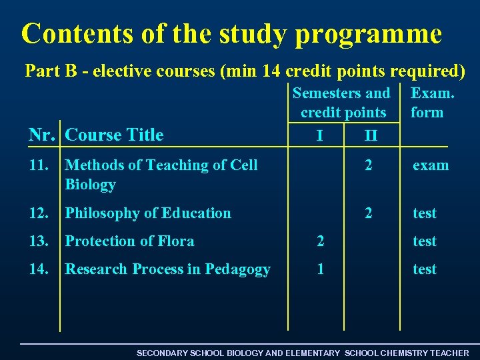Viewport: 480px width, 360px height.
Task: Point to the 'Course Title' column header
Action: [x=115, y=135]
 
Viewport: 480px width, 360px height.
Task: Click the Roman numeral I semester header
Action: [x=321, y=137]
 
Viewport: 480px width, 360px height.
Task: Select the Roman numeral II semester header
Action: [x=371, y=137]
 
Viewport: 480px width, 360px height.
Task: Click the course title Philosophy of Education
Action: [x=148, y=213]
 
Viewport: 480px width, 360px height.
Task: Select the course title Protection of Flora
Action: [x=129, y=241]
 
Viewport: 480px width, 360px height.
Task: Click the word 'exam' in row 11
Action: [x=430, y=165]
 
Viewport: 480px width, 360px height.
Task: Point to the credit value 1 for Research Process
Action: [x=321, y=269]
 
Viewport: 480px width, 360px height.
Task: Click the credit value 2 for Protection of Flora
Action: [x=321, y=241]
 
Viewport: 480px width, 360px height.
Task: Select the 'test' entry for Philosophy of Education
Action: [x=425, y=213]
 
